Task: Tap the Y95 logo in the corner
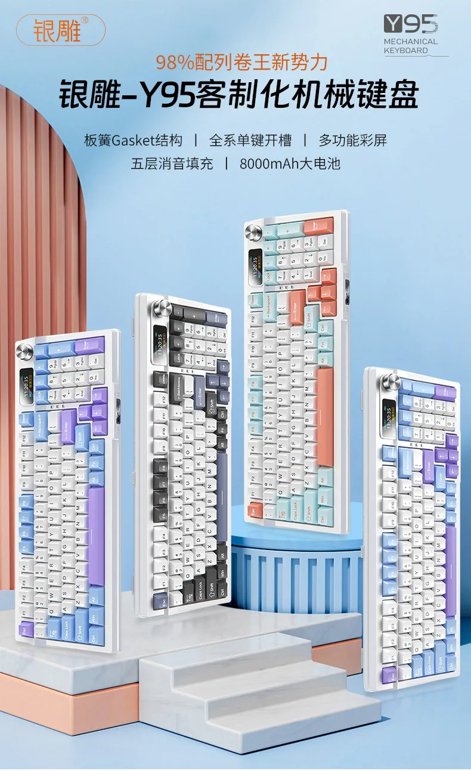(x=411, y=24)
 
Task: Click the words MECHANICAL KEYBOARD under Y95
(x=411, y=46)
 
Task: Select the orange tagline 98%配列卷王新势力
(x=242, y=62)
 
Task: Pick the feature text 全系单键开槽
(x=250, y=141)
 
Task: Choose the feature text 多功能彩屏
(x=353, y=141)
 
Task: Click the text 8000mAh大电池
(x=290, y=163)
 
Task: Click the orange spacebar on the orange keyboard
(x=325, y=416)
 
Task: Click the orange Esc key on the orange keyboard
(x=255, y=510)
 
